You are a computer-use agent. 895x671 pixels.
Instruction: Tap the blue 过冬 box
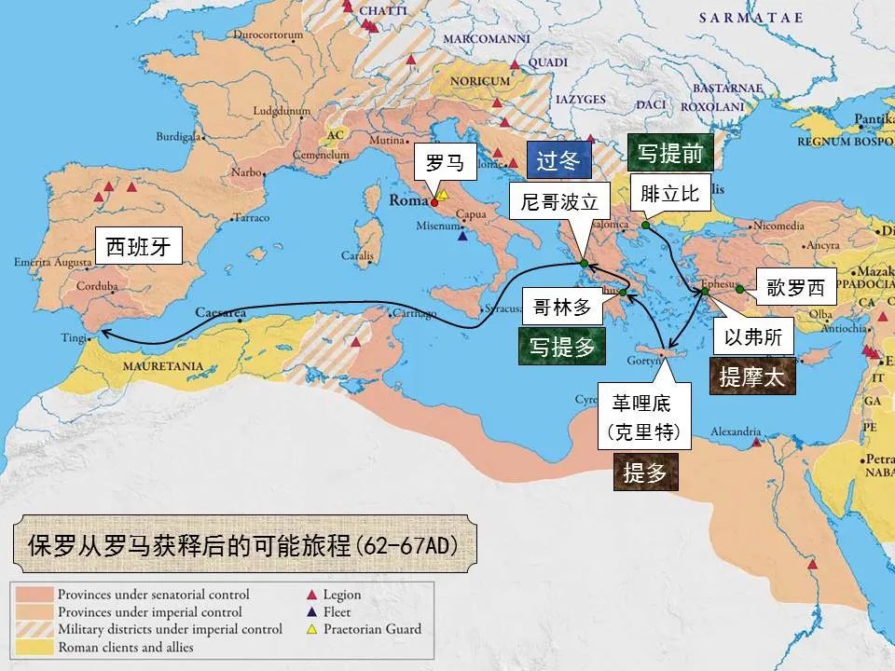558,159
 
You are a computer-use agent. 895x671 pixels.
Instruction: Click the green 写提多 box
562,348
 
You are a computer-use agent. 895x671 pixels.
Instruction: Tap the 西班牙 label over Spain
139,247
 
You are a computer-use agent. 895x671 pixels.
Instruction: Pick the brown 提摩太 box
752,377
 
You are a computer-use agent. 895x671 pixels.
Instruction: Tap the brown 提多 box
645,472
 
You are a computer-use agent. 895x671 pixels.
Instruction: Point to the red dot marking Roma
434,201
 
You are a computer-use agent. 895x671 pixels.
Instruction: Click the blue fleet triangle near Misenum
462,237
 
